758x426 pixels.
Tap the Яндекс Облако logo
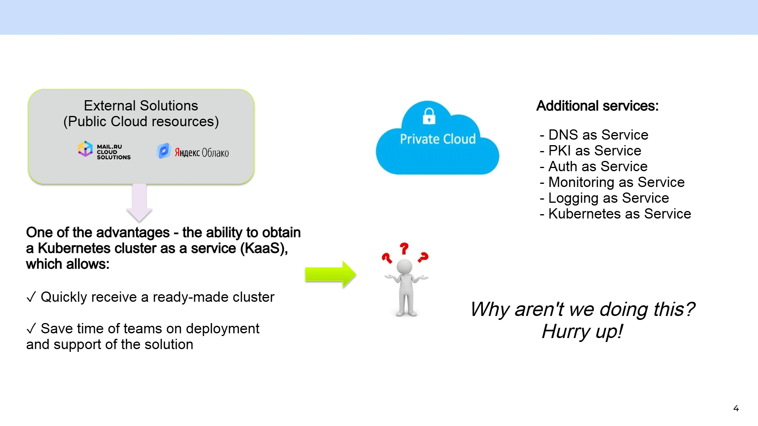pos(193,151)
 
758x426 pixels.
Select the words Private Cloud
pos(438,139)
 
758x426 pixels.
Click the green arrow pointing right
pos(330,274)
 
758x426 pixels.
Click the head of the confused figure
pos(404,267)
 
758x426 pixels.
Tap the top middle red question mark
pos(404,248)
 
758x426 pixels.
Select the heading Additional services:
pos(597,106)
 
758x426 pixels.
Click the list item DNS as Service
pos(594,135)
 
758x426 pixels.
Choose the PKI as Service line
pos(591,151)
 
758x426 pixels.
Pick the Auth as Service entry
pos(594,166)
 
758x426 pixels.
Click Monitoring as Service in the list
pos(612,182)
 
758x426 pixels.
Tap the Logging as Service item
pos(604,198)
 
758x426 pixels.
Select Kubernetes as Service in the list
pos(615,214)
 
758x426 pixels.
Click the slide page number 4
pos(736,409)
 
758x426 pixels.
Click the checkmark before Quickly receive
pos(31,297)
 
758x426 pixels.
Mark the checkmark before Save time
pos(31,328)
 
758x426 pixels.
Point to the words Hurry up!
pos(582,331)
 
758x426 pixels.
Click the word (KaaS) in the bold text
pos(264,248)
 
